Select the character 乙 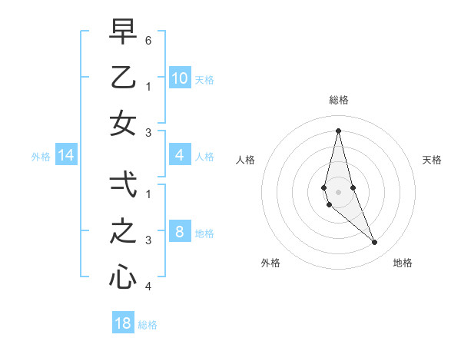[123, 77]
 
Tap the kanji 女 [123, 124]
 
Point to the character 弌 [123, 184]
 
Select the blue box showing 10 [179, 78]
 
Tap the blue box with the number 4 [179, 156]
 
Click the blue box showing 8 [179, 233]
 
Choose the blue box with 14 [65, 156]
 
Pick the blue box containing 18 [123, 323]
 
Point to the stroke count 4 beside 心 [148, 286]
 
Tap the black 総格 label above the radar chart [338, 100]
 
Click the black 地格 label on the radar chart [403, 263]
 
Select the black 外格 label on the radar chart [270, 263]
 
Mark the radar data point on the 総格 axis [338, 130]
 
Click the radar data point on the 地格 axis [375, 243]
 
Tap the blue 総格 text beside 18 [148, 325]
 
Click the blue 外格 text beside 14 [40, 157]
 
